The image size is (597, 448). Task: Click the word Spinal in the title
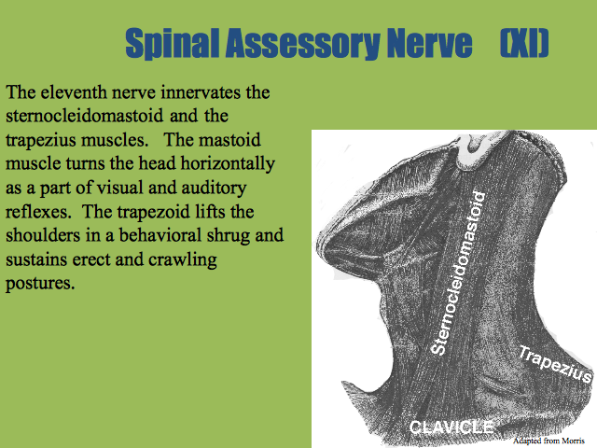[172, 43]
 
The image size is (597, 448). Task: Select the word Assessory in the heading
[302, 44]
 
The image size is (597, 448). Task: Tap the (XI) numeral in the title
[524, 43]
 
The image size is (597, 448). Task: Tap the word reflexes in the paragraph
[38, 212]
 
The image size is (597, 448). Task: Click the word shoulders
[43, 235]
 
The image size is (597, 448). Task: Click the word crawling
[183, 260]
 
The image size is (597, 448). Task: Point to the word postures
[40, 284]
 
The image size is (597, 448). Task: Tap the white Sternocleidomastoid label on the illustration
[458, 273]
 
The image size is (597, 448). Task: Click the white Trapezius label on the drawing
[556, 364]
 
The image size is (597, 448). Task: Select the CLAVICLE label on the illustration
[451, 427]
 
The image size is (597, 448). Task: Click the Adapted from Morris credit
[548, 441]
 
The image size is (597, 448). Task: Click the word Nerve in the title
[429, 43]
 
